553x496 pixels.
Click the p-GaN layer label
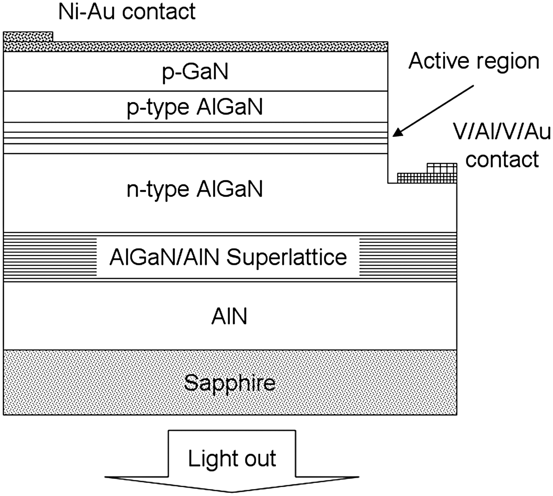click(x=195, y=72)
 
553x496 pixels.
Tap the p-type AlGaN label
click(x=195, y=107)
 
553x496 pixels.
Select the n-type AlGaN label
click(x=195, y=189)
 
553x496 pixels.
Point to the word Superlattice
click(x=287, y=257)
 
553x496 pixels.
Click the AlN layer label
click(x=229, y=317)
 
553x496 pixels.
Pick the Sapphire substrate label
click(x=229, y=383)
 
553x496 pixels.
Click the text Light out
click(x=231, y=458)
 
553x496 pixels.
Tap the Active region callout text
click(x=474, y=61)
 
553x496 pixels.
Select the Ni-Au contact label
click(x=127, y=11)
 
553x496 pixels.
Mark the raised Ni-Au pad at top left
click(x=28, y=36)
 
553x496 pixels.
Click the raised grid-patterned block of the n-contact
click(x=442, y=168)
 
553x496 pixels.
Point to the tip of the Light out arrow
click(x=232, y=491)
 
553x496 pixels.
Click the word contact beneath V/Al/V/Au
click(x=502, y=159)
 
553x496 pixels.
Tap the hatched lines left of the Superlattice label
click(x=50, y=257)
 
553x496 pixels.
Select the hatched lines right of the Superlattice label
click(x=408, y=257)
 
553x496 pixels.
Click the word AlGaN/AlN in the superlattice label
click(x=164, y=257)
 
